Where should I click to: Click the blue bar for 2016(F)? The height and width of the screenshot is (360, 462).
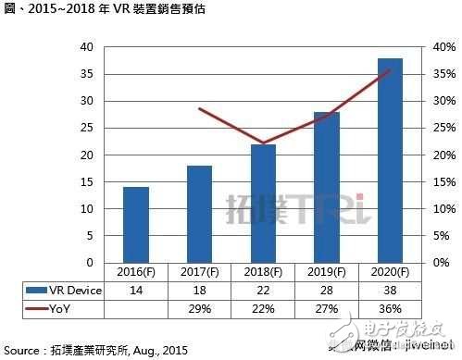point(136,225)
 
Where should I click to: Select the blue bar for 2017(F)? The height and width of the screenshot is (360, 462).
point(199,214)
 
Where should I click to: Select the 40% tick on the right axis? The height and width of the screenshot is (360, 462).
point(443,46)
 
